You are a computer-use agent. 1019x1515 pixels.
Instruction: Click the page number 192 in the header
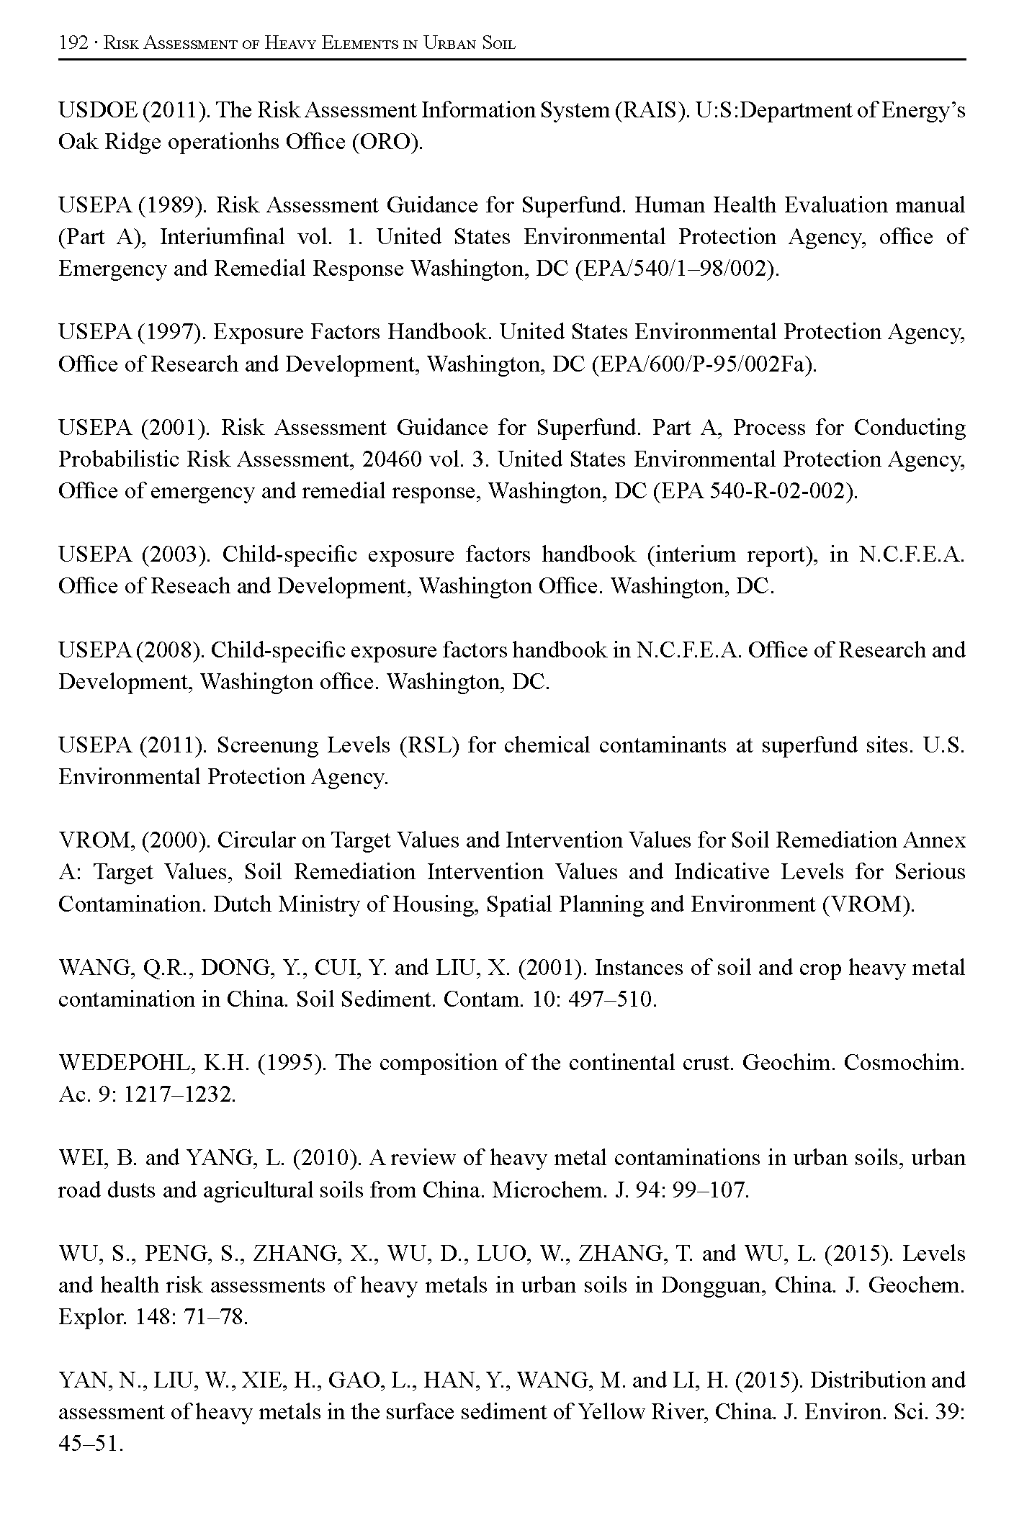pyautogui.click(x=72, y=43)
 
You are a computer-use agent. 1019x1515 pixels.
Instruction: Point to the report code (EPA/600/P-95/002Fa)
pyautogui.click(x=704, y=364)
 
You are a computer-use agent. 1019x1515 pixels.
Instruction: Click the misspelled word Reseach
pyautogui.click(x=190, y=586)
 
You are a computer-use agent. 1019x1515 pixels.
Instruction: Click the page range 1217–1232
pyautogui.click(x=180, y=1095)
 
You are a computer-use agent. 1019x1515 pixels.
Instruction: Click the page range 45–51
pyautogui.click(x=91, y=1444)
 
